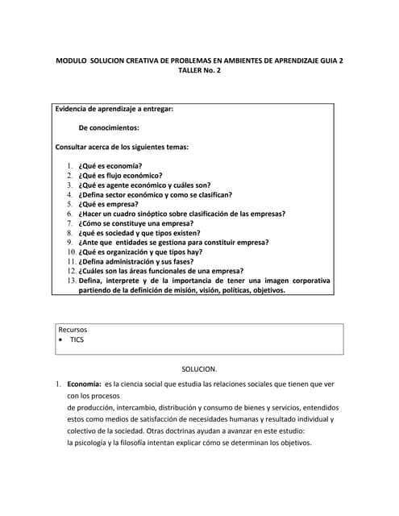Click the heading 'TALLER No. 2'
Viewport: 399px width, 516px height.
199,70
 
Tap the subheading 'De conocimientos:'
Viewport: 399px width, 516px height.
109,127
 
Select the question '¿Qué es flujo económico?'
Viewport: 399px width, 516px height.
120,175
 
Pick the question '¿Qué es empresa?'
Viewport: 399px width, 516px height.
108,204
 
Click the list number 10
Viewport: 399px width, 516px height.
72,252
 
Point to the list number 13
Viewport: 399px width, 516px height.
72,281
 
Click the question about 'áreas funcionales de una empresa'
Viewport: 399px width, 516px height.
160,272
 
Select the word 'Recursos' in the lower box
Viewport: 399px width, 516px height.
73,330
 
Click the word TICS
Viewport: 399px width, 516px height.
77,340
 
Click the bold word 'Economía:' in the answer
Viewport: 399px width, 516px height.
84,385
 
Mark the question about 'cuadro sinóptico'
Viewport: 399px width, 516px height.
181,214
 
